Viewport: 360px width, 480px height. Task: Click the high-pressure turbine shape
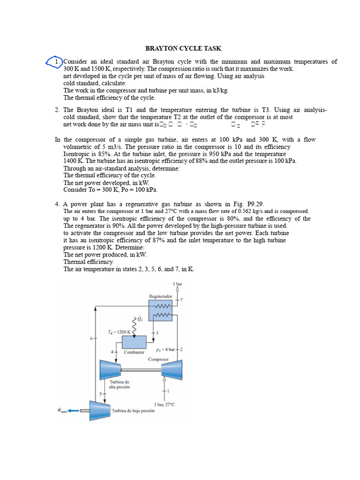pyautogui.click(x=110, y=370)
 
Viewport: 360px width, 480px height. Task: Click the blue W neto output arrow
pyautogui.click(x=73, y=411)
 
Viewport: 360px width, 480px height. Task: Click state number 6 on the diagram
pyautogui.click(x=92, y=337)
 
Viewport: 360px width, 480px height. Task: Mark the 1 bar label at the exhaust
pyautogui.click(x=178, y=284)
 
